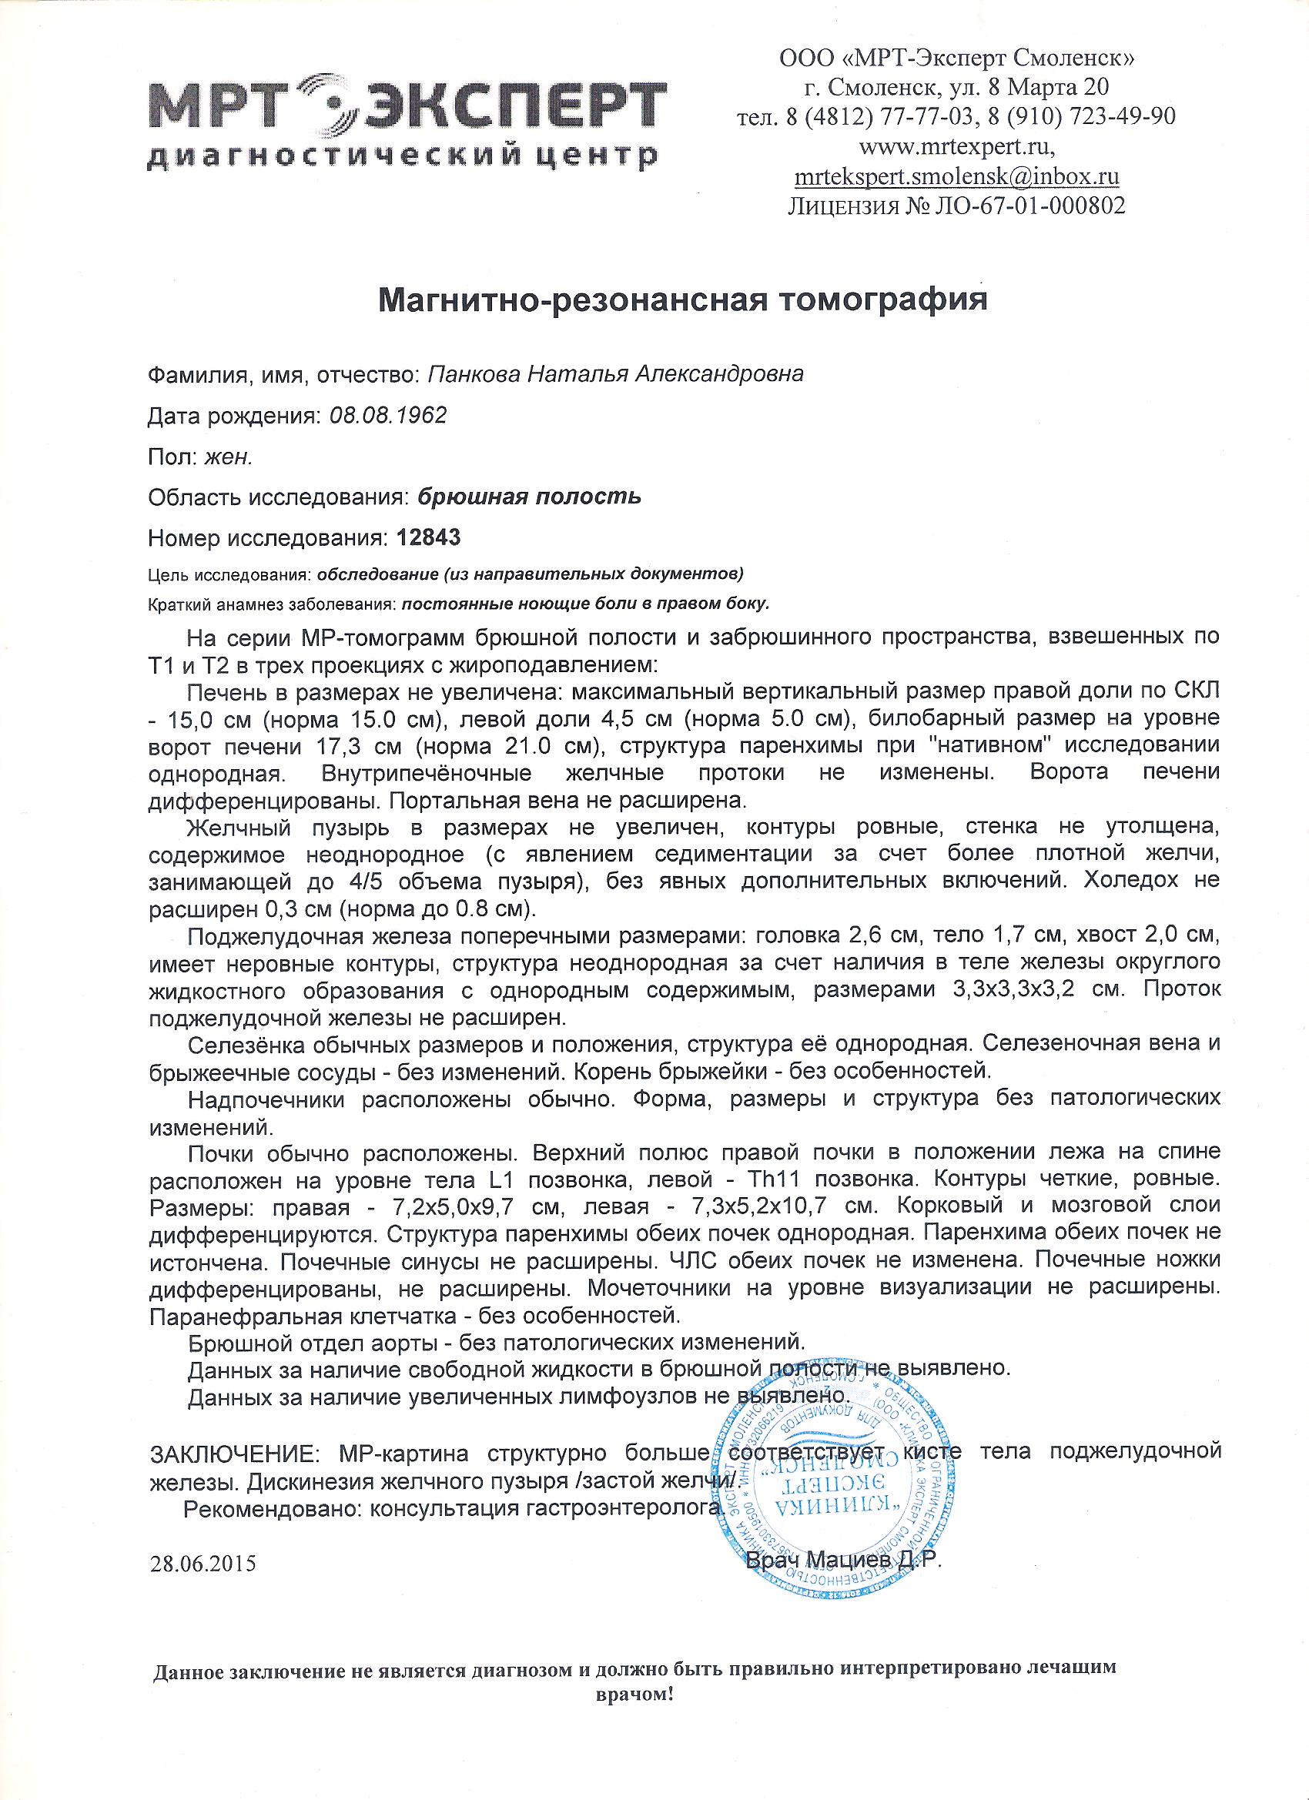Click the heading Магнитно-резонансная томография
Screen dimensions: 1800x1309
point(684,302)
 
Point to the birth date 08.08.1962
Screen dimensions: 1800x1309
point(387,415)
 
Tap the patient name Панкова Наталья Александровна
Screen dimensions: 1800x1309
point(615,375)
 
